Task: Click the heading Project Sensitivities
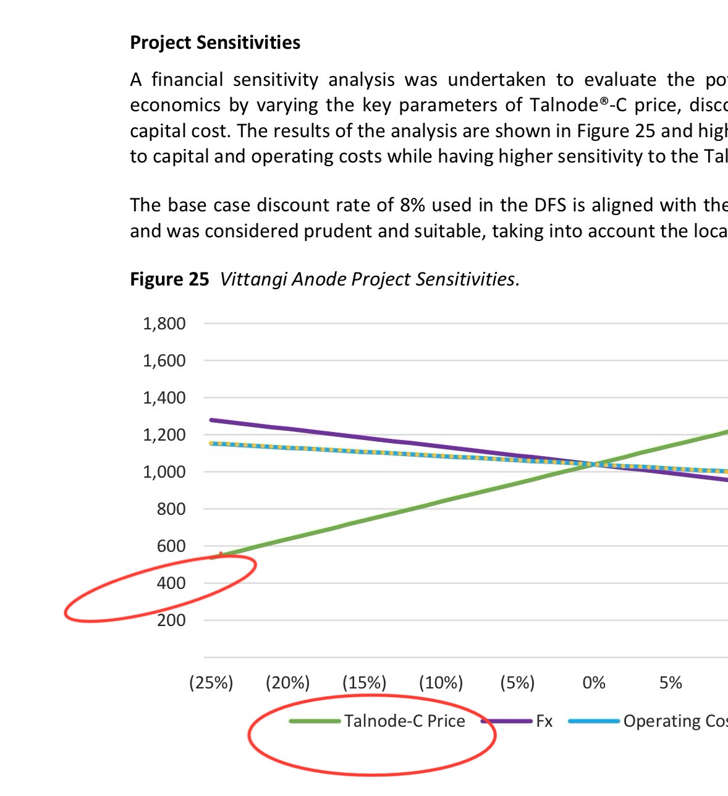pyautogui.click(x=215, y=43)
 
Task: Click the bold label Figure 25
pyautogui.click(x=169, y=279)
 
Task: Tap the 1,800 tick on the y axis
pyautogui.click(x=164, y=324)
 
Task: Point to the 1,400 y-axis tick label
pyautogui.click(x=164, y=398)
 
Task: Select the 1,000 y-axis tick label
pyautogui.click(x=164, y=472)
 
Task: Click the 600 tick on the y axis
pyautogui.click(x=171, y=546)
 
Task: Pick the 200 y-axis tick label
pyautogui.click(x=171, y=620)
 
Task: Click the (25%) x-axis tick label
pyautogui.click(x=211, y=683)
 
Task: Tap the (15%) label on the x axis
pyautogui.click(x=364, y=683)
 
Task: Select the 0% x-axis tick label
pyautogui.click(x=594, y=683)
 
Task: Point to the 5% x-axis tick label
pyautogui.click(x=671, y=683)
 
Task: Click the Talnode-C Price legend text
pyautogui.click(x=404, y=721)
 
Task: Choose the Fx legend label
pyautogui.click(x=544, y=721)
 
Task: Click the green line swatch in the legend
pyautogui.click(x=315, y=721)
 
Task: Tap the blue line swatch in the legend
pyautogui.click(x=594, y=721)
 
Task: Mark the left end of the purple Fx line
pyautogui.click(x=212, y=420)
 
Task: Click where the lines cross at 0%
pyautogui.click(x=594, y=464)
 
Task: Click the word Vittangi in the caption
pyautogui.click(x=253, y=279)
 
